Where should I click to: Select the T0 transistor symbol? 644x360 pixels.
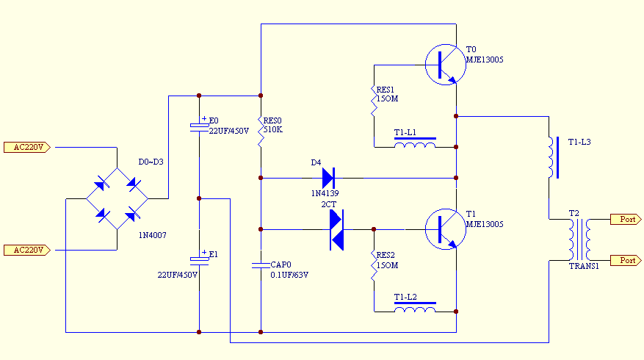pyautogui.click(x=445, y=65)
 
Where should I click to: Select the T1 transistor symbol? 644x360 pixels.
pyautogui.click(x=445, y=229)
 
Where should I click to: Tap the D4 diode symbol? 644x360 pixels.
pyautogui.click(x=328, y=178)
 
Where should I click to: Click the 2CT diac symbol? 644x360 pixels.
pyautogui.click(x=336, y=229)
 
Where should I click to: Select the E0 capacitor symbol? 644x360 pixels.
pyautogui.click(x=199, y=126)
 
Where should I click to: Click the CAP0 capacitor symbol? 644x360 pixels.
pyautogui.click(x=261, y=265)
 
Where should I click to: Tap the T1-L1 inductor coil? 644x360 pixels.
pyautogui.click(x=415, y=145)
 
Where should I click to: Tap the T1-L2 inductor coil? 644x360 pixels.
pyautogui.click(x=415, y=309)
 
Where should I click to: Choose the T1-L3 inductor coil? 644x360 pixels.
pyautogui.click(x=550, y=157)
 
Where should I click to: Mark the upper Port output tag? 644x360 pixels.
pyautogui.click(x=627, y=219)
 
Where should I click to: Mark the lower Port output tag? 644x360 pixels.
pyautogui.click(x=627, y=260)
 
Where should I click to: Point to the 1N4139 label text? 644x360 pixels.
pyautogui.click(x=325, y=193)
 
